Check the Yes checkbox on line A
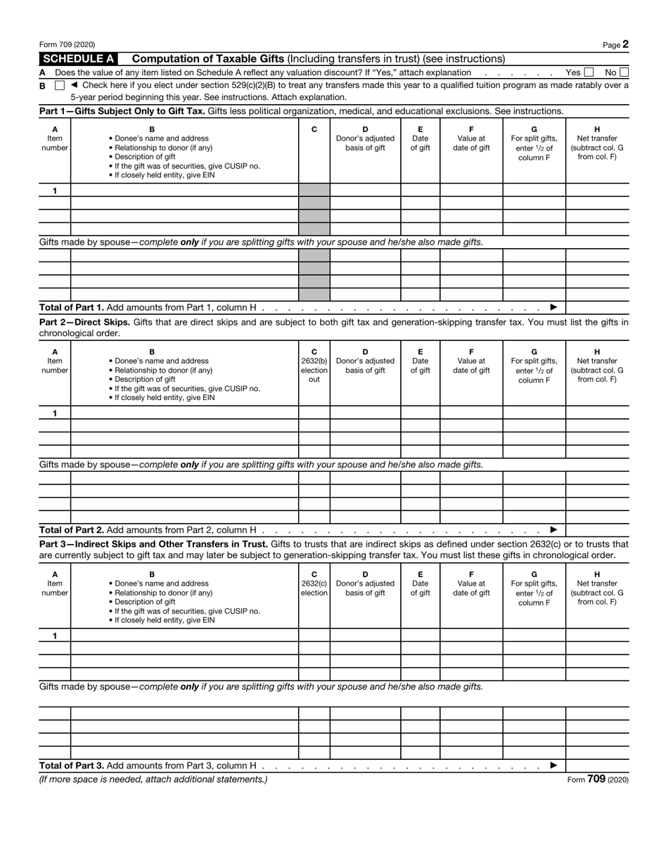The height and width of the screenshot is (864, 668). point(589,72)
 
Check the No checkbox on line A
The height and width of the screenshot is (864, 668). point(624,72)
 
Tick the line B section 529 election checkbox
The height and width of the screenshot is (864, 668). point(60,86)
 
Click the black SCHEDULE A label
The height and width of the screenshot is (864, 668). point(79,59)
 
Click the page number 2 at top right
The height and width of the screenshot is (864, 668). point(625,44)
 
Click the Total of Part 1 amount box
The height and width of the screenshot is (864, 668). point(597,307)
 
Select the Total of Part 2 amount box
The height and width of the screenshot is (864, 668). point(597,530)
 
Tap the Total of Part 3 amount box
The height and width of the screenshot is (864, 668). point(597,766)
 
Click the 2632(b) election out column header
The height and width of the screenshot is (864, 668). point(314,366)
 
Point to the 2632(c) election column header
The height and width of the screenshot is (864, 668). point(314,583)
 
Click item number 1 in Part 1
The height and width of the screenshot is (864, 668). point(55,191)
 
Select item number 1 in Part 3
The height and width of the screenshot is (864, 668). point(55,636)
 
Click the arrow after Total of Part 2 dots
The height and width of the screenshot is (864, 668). point(554,530)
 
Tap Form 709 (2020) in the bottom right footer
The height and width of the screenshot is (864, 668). point(597,780)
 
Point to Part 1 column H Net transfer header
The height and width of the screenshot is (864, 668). point(597,143)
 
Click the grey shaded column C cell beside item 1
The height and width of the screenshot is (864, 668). point(314,191)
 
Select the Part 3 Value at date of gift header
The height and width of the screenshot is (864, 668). point(471,583)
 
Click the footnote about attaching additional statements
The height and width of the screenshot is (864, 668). point(153,780)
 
